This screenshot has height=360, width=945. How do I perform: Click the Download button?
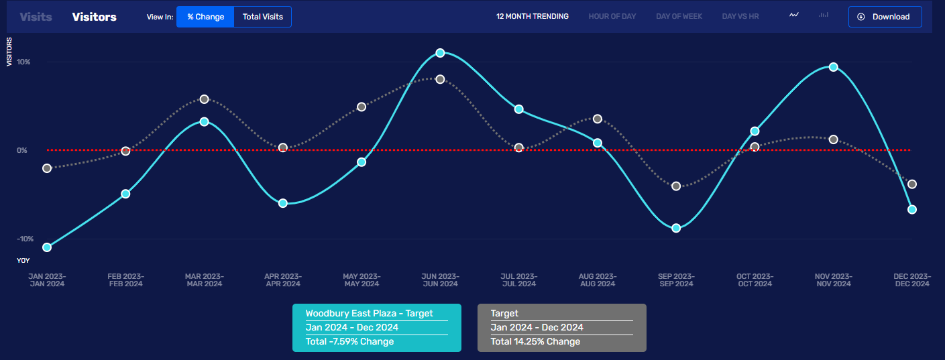[885, 17]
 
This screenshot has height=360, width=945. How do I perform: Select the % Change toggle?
[205, 17]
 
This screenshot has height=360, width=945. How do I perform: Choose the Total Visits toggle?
[262, 17]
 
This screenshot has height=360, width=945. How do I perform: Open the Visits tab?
[36, 17]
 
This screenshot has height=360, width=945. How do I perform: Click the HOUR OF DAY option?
[612, 16]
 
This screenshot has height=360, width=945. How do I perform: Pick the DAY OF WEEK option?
[679, 16]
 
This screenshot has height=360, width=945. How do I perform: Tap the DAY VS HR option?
[740, 16]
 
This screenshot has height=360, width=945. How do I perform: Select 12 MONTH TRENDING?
[532, 16]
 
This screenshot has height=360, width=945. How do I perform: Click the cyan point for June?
[440, 53]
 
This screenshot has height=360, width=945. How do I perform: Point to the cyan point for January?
[47, 247]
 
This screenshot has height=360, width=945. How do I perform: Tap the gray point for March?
[205, 99]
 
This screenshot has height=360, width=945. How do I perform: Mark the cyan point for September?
[676, 228]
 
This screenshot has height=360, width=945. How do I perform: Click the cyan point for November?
[833, 67]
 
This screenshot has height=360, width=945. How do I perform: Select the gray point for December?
[912, 184]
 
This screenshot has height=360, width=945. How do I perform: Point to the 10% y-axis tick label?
[23, 62]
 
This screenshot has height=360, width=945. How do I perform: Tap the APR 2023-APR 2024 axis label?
[283, 280]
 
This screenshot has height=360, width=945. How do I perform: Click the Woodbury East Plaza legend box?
[377, 327]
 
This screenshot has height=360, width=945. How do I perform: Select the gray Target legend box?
[561, 327]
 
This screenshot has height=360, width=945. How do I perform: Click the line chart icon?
[794, 15]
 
